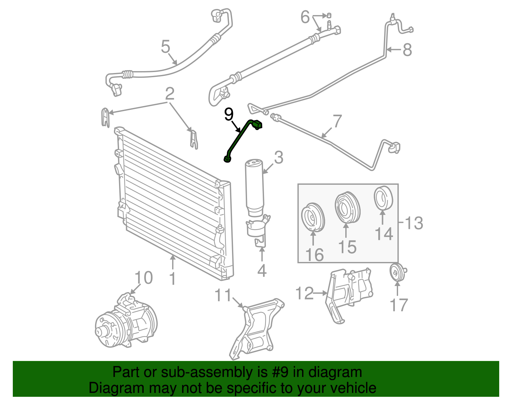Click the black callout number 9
[229, 114]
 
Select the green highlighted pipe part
[238, 138]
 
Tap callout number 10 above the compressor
[143, 278]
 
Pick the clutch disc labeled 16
[313, 218]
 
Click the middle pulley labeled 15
[348, 208]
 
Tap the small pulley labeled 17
[398, 273]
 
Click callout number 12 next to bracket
[304, 293]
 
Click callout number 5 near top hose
[165, 47]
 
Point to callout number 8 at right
[407, 50]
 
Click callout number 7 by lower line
[337, 121]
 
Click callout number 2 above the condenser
[170, 94]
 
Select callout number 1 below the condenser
[172, 279]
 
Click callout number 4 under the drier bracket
[262, 271]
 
